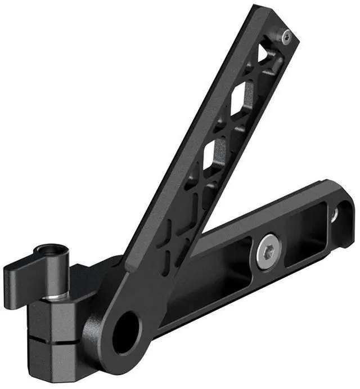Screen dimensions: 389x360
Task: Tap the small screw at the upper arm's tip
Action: point(286,37)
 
